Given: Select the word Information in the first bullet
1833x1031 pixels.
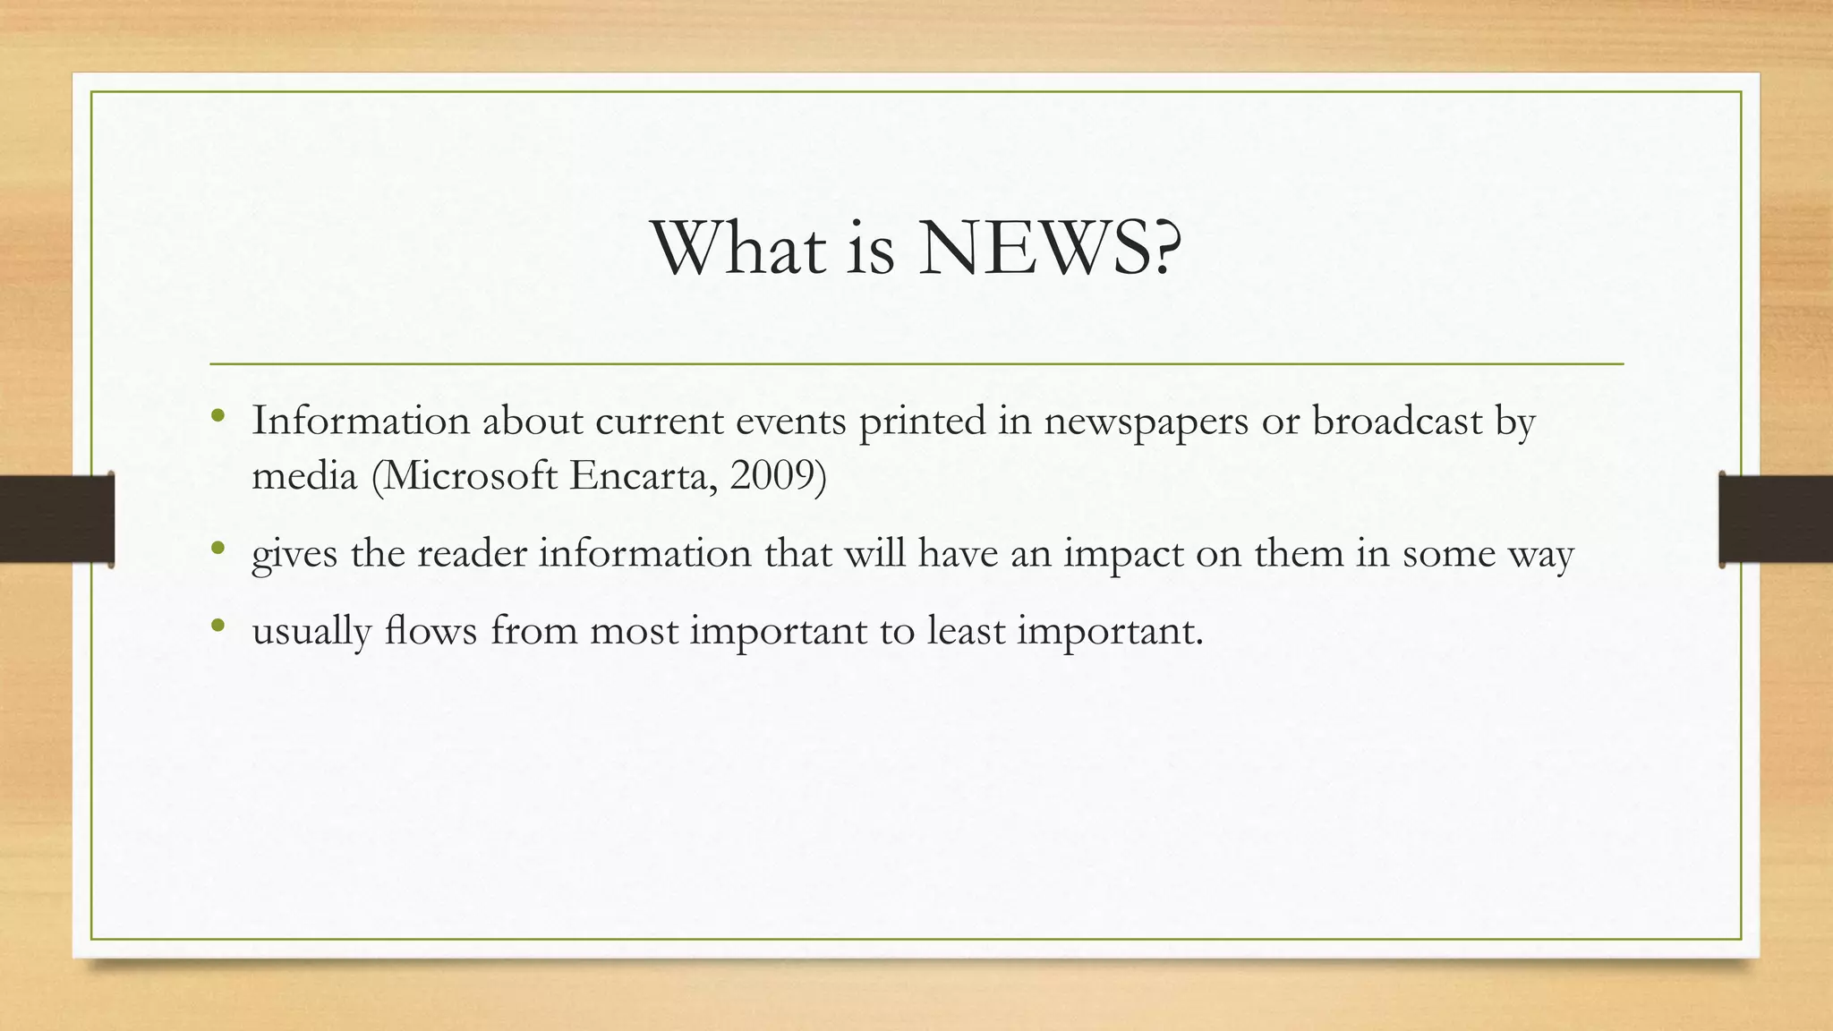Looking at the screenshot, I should (360, 421).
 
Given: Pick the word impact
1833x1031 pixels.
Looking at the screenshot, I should (1123, 555).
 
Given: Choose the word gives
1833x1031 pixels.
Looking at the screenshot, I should (294, 555).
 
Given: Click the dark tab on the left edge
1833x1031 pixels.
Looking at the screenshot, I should (56, 519).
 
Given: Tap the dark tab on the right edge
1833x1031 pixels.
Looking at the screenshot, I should (1776, 519).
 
